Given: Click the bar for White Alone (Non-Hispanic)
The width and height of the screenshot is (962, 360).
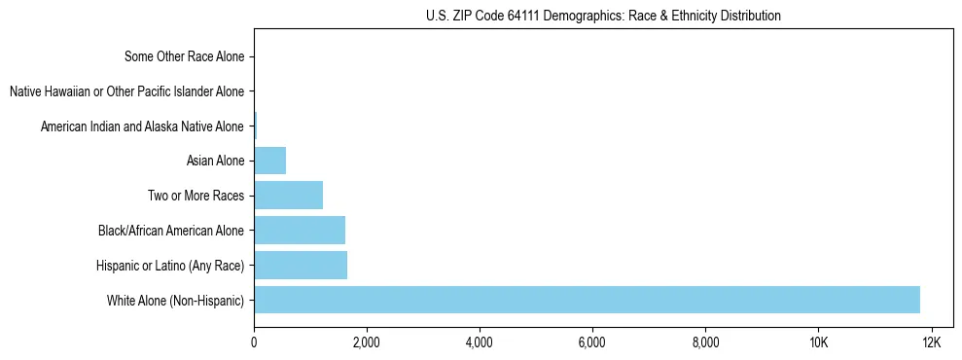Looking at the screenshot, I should click(x=587, y=300).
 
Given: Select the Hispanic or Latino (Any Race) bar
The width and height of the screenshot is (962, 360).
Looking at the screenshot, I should click(x=301, y=265).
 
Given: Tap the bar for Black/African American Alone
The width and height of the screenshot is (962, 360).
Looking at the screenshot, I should click(x=300, y=231).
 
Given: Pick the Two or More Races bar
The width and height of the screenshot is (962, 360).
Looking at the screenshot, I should click(x=288, y=196).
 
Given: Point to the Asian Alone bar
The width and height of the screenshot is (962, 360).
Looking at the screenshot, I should click(x=270, y=161).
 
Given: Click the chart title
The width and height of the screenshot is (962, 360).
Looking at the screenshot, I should click(x=603, y=16).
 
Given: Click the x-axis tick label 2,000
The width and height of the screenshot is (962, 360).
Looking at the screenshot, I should click(x=367, y=342).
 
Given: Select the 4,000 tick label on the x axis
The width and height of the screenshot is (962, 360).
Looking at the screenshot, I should click(x=480, y=342).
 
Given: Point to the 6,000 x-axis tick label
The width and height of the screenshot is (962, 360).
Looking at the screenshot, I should click(x=592, y=342).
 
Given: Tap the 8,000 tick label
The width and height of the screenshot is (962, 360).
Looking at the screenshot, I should click(x=705, y=342).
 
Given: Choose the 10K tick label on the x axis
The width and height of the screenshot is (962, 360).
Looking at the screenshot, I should click(x=818, y=342).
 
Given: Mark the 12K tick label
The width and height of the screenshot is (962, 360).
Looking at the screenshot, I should click(x=931, y=342).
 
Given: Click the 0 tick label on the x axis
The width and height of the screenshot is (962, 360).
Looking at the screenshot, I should click(x=254, y=342).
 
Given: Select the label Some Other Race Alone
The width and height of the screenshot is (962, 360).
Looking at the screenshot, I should click(x=185, y=56).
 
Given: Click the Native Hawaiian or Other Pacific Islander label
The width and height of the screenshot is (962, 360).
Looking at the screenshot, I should click(x=126, y=91).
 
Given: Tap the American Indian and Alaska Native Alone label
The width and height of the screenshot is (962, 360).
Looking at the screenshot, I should click(x=142, y=126).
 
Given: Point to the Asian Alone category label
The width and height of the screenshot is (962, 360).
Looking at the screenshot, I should click(x=215, y=161).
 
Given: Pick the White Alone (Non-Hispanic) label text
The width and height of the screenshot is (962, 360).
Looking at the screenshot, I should click(x=176, y=300).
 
